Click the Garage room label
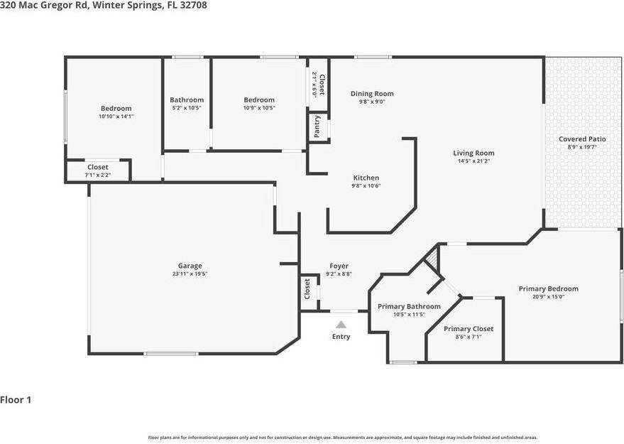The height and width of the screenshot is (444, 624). coord(190,266)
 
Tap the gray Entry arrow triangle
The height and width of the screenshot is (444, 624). coord(341,325)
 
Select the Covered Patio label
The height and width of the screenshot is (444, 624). coord(582,139)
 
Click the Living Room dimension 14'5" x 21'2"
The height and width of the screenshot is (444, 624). coord(474,161)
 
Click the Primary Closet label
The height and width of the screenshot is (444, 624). coord(468,329)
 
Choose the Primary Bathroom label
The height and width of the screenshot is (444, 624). coord(409,306)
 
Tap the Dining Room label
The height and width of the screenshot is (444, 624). coord(372,94)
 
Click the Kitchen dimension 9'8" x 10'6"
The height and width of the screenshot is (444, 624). coord(366,185)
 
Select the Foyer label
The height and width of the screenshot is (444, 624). coord(339,266)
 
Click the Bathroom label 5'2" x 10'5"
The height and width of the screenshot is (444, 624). coord(187,100)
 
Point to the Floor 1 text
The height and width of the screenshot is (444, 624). coord(16,400)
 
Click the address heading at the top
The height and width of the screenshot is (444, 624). coord(104,5)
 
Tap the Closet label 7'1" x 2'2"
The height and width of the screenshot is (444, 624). coord(97,167)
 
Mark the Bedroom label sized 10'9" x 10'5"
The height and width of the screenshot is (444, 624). coord(259,100)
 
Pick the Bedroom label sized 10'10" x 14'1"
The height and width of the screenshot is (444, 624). coord(116,109)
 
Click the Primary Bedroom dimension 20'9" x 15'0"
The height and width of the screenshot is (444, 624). coord(548,297)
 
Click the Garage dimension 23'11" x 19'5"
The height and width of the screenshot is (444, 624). coord(190,274)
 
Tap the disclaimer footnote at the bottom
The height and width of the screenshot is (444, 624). coord(342,438)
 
